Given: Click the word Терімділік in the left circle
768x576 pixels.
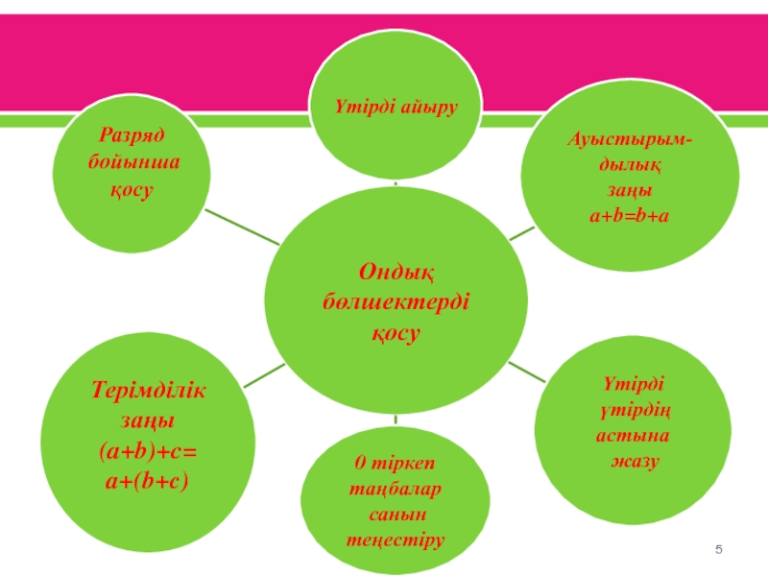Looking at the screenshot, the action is coord(149,391).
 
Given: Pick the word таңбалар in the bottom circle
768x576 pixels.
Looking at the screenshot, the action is coord(395,491).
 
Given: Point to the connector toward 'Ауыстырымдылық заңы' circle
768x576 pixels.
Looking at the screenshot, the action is coord(520,232).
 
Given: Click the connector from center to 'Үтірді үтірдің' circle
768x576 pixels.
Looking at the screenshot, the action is coord(524,372).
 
